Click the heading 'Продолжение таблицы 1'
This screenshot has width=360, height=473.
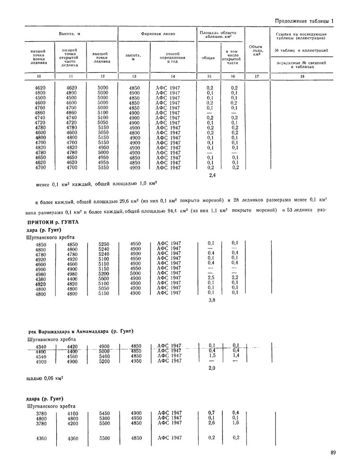pos(304,21)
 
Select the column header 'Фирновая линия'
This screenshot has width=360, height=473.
pos(158,34)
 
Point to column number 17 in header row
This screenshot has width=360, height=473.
pos(257,76)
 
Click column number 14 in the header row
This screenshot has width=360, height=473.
pos(173,76)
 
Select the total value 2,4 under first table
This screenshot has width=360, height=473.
pos(212,175)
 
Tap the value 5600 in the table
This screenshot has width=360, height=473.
pos(104,279)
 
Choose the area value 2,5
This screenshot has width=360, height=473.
pos(211,279)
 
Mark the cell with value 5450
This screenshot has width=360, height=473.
pos(105,413)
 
